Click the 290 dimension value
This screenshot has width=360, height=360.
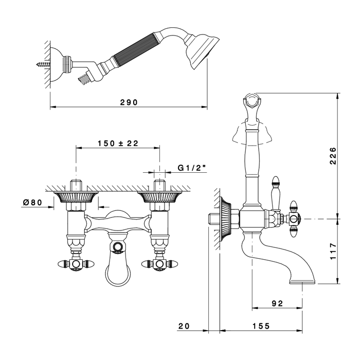point(129,102)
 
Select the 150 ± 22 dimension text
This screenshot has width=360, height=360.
point(118,143)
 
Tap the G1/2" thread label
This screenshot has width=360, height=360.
point(192,168)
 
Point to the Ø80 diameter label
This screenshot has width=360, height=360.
point(32,202)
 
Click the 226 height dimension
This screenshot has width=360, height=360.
point(333,156)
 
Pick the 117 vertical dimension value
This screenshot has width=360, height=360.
point(333,251)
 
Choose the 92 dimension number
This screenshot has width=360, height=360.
point(277,303)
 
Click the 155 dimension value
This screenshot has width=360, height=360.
point(261,326)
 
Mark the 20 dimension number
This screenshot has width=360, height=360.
point(184,326)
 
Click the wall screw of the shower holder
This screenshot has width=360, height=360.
point(43,64)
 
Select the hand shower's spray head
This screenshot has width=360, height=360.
point(202,52)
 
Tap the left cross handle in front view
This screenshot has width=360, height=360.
point(76,264)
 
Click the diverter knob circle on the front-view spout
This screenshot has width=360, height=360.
point(118,246)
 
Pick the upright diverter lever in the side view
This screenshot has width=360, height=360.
point(276,193)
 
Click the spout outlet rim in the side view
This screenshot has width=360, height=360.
point(302,281)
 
